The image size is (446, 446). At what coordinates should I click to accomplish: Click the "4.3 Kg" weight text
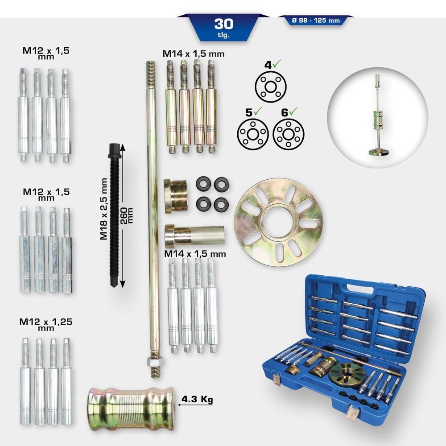[x=196, y=400]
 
